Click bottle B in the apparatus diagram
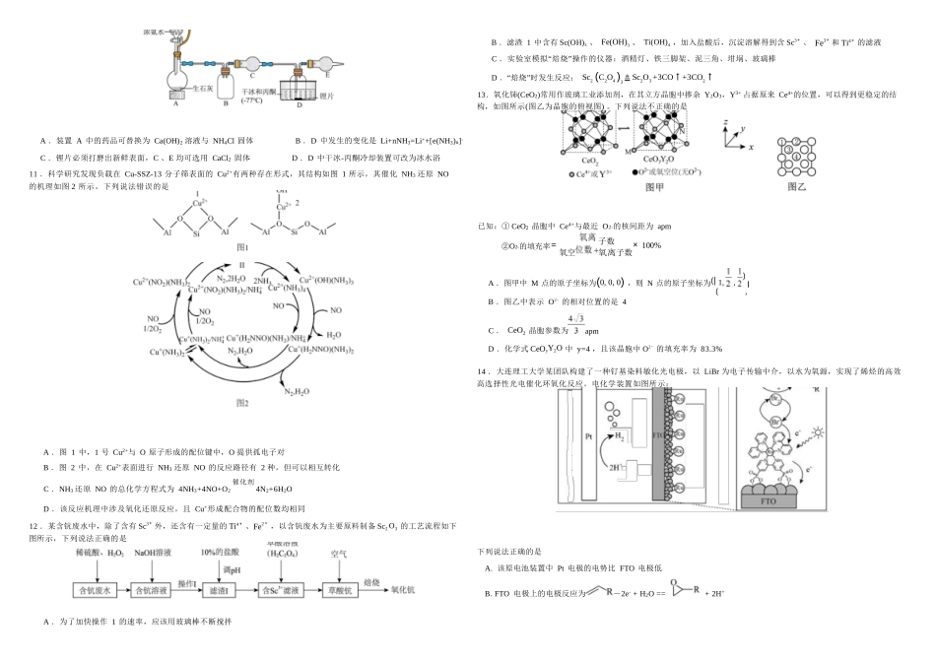point(225,81)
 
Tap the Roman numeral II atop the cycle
point(241,265)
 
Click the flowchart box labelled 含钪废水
point(99,590)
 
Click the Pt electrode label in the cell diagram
point(587,433)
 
